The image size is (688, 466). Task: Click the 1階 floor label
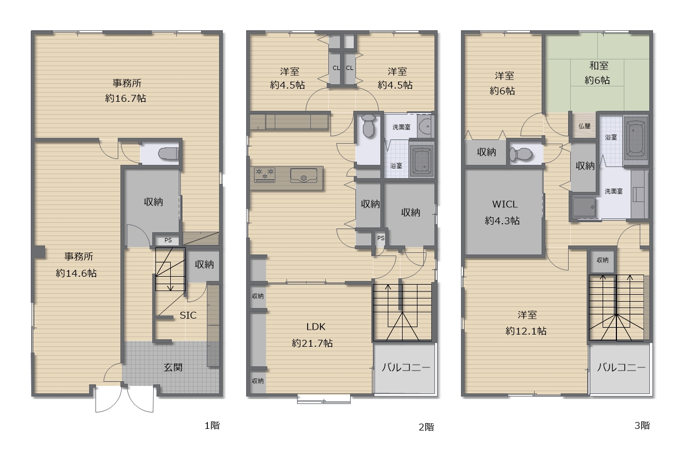(x=212, y=425)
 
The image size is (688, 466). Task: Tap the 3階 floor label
(x=642, y=425)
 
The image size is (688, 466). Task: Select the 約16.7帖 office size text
(x=126, y=98)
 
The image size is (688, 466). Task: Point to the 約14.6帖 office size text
(x=76, y=273)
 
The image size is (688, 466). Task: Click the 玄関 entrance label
(x=173, y=367)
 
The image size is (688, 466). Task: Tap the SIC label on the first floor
(x=188, y=315)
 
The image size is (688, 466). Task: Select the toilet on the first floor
(x=168, y=154)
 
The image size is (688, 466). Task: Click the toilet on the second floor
(x=368, y=127)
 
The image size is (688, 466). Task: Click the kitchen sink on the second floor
(x=303, y=174)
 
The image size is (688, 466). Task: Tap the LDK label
(x=312, y=327)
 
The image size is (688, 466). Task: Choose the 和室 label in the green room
(x=598, y=66)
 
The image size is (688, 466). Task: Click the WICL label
(x=504, y=204)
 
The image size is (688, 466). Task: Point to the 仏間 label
(x=584, y=127)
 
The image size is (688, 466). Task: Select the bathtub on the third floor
(x=635, y=138)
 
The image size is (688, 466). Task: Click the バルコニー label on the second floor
(x=405, y=367)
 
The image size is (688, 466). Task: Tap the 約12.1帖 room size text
(x=526, y=331)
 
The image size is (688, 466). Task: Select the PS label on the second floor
(x=380, y=238)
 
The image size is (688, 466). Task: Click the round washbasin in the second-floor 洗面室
(x=425, y=126)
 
